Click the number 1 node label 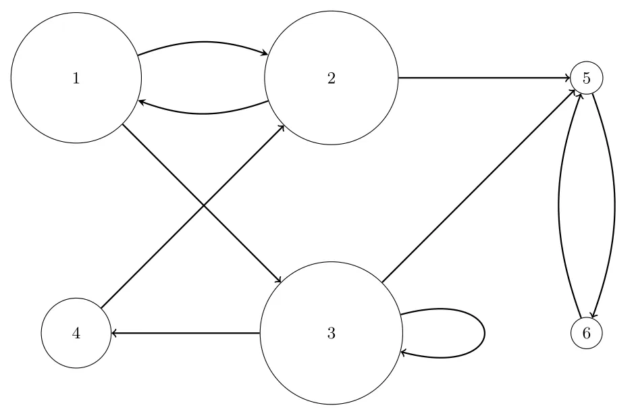76,78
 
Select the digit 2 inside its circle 331,78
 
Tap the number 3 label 331,333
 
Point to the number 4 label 76,333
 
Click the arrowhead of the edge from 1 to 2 265,53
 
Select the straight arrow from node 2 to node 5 484,78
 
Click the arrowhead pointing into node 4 114,333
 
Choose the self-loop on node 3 484,333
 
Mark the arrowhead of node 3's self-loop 404,353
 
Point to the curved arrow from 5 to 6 614,206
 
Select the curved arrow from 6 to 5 559,206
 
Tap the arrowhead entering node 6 592,315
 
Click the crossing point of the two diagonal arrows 203,206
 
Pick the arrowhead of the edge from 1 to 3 278,280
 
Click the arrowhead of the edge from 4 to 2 282,128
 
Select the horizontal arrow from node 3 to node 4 185,333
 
